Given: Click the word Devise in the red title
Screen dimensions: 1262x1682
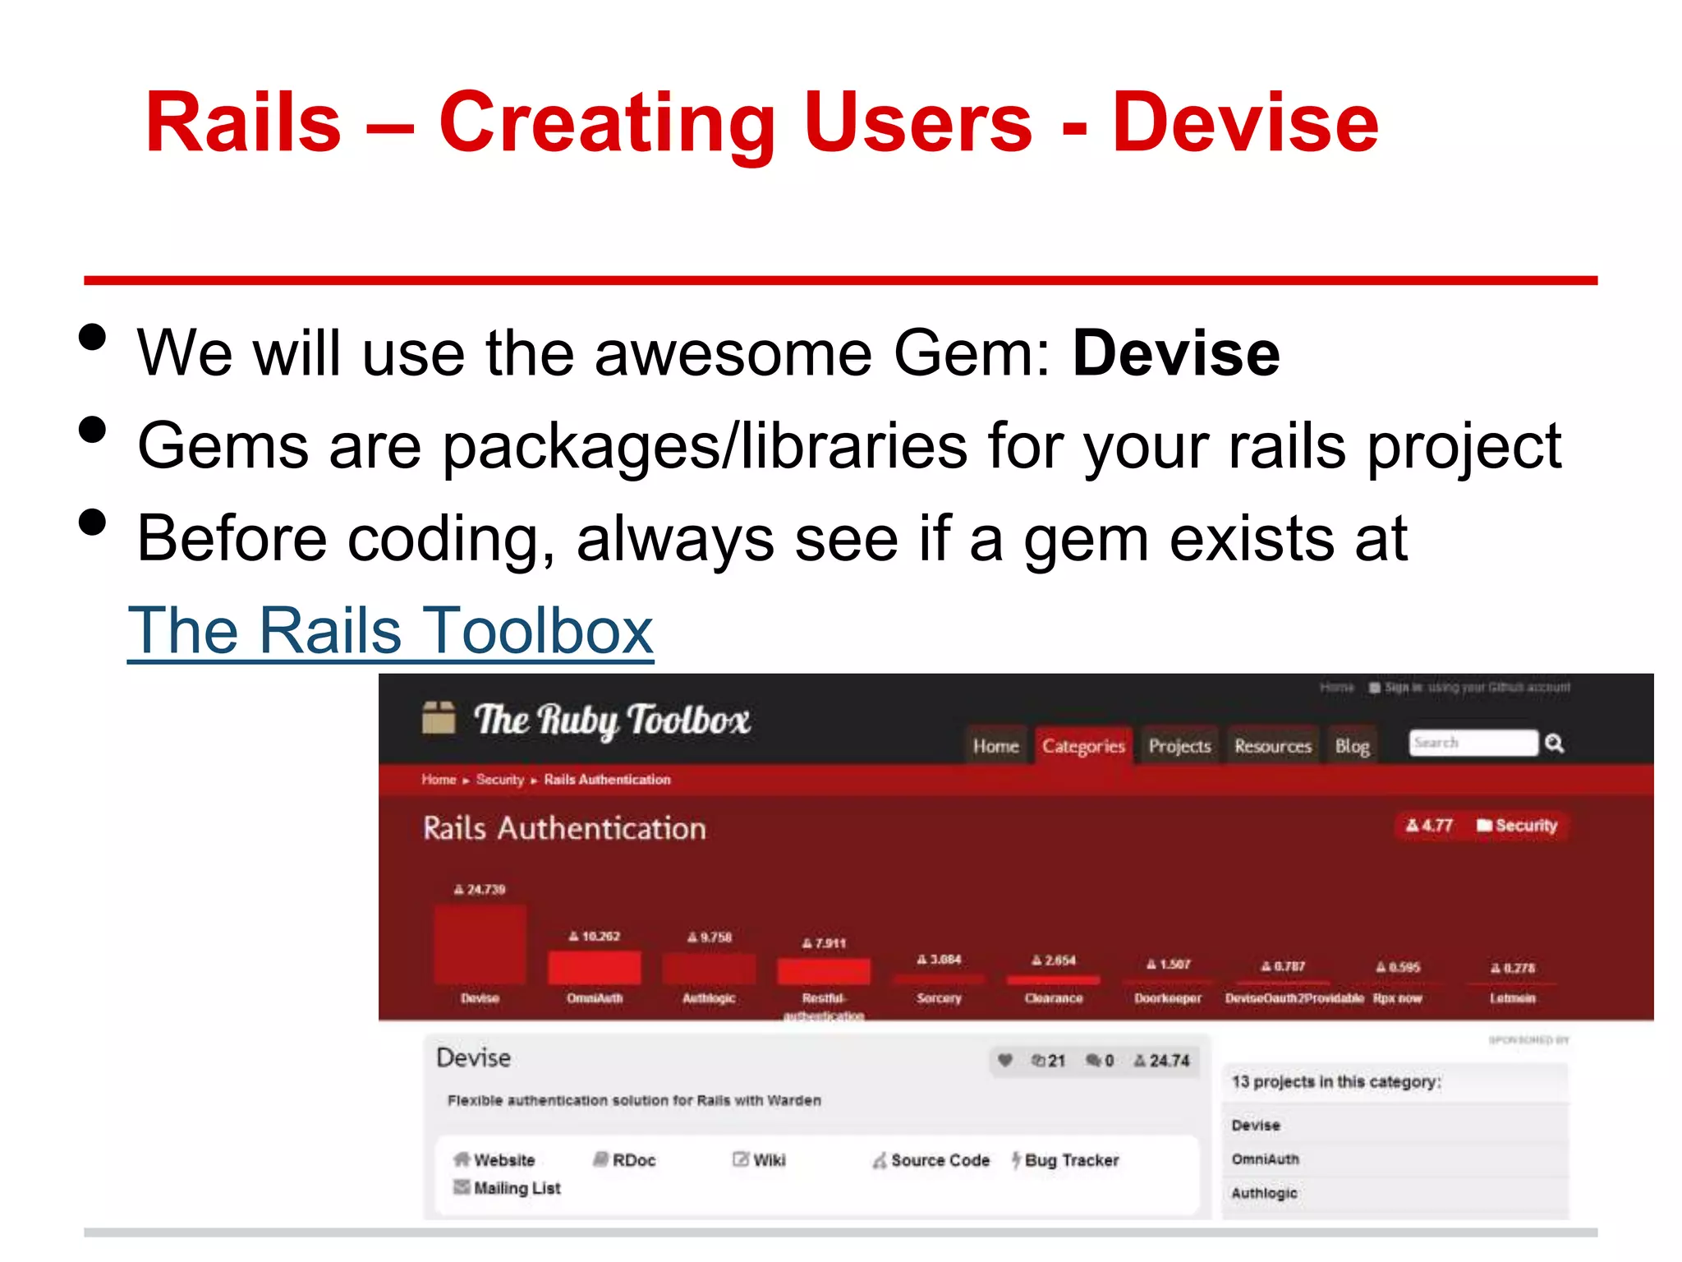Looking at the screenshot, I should click(1245, 123).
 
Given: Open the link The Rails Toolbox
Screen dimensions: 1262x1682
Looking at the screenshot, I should click(390, 631).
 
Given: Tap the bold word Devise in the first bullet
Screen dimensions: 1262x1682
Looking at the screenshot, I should click(1175, 353).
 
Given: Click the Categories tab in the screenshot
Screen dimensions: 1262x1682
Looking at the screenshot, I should click(1083, 746).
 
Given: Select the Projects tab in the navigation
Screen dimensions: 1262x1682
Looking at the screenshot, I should click(1179, 746).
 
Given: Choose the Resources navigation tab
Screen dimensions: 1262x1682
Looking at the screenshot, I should click(1272, 746).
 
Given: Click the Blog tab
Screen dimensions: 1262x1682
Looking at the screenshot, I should click(1352, 746).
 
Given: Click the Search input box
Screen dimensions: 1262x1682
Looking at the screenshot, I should click(1473, 743).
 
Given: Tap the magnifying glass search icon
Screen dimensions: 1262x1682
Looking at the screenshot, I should click(1554, 744).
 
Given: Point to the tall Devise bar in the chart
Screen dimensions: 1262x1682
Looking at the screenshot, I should click(480, 945).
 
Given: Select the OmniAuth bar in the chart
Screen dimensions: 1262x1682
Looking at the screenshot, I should click(595, 967).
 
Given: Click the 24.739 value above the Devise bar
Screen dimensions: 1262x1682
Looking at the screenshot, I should click(480, 889).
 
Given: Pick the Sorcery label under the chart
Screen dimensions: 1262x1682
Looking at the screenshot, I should click(939, 998).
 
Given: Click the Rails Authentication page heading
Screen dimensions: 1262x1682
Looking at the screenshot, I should click(564, 828).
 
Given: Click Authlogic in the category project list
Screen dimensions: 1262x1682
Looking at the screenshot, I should click(1264, 1193).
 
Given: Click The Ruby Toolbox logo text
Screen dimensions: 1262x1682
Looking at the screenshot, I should click(612, 721).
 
